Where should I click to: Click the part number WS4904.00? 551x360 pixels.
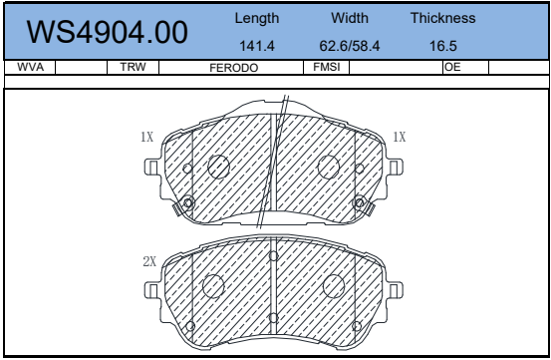[108, 32]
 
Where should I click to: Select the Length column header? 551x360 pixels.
[257, 18]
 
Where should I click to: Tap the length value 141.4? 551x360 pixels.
[257, 46]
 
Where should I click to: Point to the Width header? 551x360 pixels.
[350, 18]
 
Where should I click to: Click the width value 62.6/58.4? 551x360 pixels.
[350, 46]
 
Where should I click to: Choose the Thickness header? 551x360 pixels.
[443, 18]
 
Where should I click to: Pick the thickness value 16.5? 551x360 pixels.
[443, 46]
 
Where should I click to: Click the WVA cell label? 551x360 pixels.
[30, 67]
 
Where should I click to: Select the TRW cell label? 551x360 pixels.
[133, 67]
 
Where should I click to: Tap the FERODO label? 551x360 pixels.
[234, 68]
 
